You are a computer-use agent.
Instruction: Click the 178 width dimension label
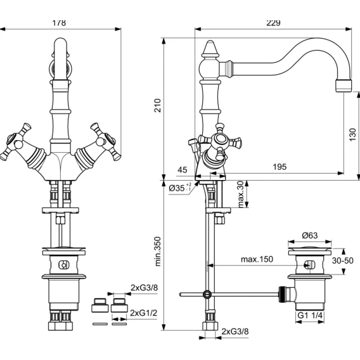point(59,23)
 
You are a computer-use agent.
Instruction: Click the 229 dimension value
point(273,23)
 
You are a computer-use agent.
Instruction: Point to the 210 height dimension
point(157,105)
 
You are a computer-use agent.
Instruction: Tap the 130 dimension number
point(352,134)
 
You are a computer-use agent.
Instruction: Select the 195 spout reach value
point(280,167)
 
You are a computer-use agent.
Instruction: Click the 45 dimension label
point(183,170)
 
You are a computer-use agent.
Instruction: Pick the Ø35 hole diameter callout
point(180,188)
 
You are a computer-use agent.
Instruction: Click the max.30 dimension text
point(240,194)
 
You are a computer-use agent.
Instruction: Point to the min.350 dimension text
point(158,252)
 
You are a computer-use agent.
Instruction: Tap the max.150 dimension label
point(257,259)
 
